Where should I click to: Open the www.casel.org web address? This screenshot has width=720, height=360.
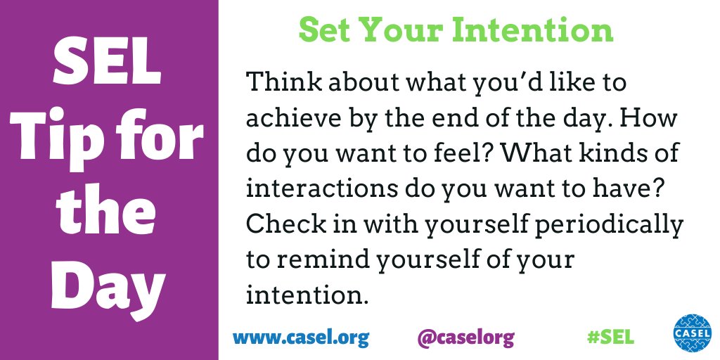[x=301, y=337]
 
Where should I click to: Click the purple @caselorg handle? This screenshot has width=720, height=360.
[x=465, y=337]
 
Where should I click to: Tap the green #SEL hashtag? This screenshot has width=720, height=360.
[x=610, y=337]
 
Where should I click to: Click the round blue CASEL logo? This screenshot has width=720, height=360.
[x=692, y=332]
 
